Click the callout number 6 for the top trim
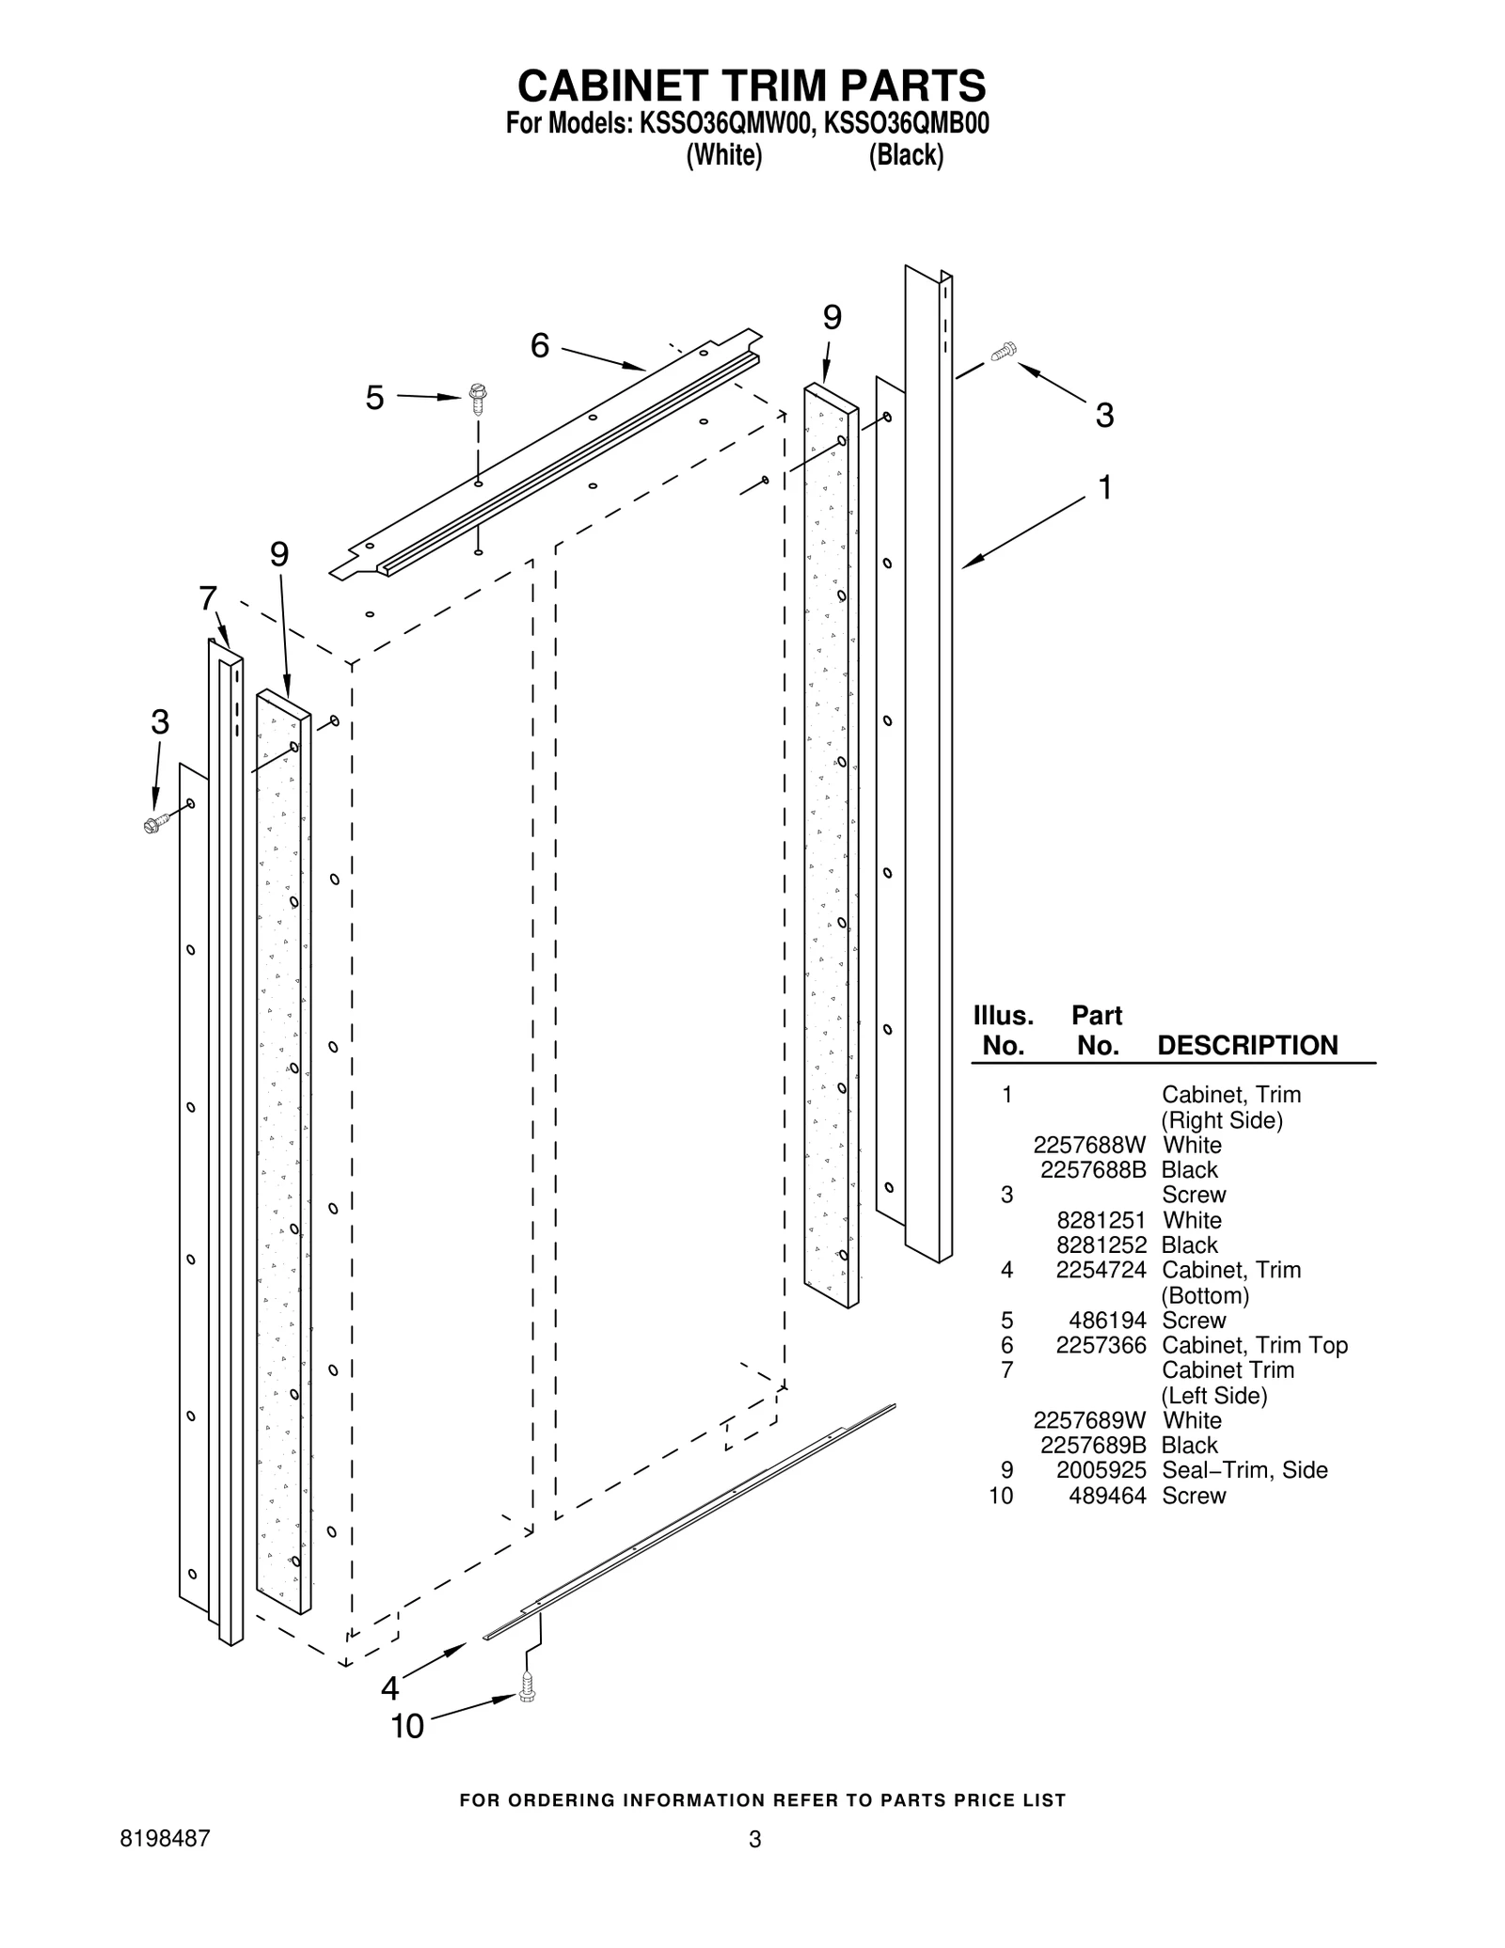point(540,346)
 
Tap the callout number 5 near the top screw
point(374,399)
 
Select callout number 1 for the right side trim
point(1105,487)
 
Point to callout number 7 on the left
point(208,598)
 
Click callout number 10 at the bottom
point(407,1726)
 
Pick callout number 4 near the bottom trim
point(389,1688)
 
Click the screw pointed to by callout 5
point(478,399)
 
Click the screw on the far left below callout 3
point(156,823)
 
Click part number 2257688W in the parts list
point(1090,1145)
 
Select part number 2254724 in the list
point(1101,1270)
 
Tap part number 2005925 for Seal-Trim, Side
point(1101,1470)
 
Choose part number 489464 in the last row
point(1107,1496)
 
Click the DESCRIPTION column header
point(1247,1045)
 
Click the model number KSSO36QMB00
point(906,123)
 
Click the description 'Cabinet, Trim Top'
point(1255,1345)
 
